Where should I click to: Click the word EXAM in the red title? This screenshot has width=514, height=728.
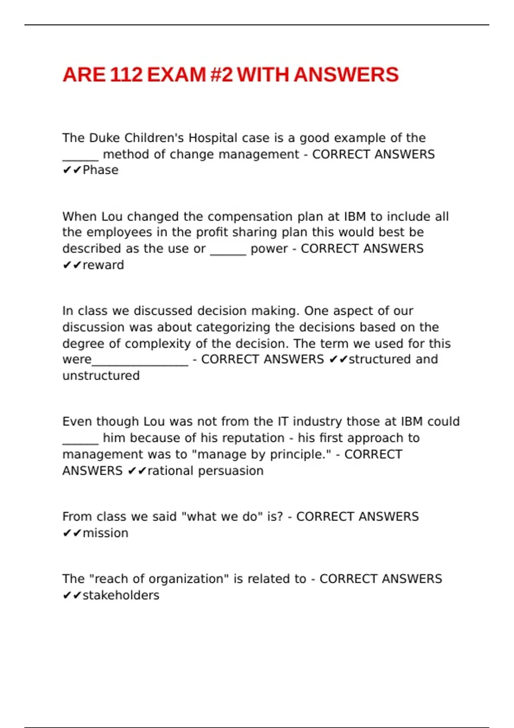pos(176,75)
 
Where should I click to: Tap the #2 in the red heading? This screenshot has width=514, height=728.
pos(222,75)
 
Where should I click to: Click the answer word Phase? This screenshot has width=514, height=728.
pos(101,170)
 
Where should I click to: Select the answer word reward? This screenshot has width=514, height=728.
pos(103,265)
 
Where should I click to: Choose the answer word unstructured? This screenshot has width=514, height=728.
pos(101,376)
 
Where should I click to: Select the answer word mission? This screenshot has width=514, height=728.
pos(105,533)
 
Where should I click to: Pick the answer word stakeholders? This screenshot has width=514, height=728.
pos(121,595)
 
